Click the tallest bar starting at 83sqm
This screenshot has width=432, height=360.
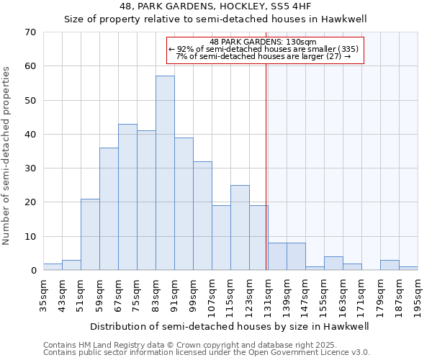tap(165, 173)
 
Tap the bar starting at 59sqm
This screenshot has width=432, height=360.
tap(109, 209)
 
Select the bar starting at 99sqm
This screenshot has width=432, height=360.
tap(202, 216)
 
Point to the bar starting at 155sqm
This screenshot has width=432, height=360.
tap(333, 264)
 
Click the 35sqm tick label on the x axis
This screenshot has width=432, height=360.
tap(44, 294)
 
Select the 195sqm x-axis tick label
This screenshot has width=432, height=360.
tap(418, 294)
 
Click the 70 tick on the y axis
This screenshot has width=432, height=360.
tap(30, 32)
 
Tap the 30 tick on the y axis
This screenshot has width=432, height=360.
tap(30, 168)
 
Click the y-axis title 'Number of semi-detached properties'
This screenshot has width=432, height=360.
tap(7, 156)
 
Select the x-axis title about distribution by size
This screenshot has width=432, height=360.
tap(230, 326)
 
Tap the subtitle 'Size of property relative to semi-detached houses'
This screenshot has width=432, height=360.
tap(215, 19)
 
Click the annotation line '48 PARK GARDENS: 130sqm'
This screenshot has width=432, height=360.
tap(266, 42)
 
